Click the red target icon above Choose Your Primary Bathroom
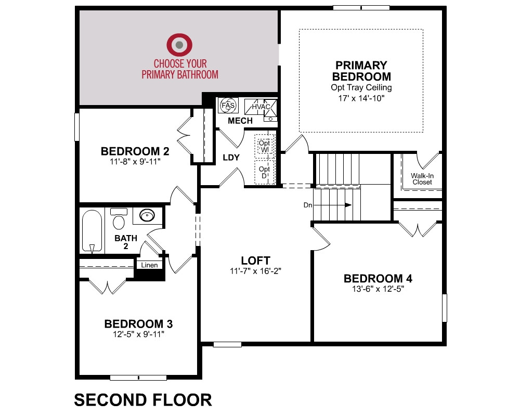179,44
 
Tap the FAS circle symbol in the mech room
228,106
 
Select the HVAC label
261,107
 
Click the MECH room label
240,121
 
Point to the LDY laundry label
231,157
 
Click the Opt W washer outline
265,145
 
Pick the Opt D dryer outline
265,172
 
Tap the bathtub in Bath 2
92,231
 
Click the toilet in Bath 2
119,218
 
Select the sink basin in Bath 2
147,215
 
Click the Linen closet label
149,265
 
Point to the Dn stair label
308,205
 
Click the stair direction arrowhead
348,205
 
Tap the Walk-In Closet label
422,179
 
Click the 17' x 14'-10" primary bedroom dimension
361,98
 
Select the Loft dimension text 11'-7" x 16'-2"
255,271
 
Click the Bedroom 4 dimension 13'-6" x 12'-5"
378,289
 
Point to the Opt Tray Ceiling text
361,87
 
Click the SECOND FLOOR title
143,400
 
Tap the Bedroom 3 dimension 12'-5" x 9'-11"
138,334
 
